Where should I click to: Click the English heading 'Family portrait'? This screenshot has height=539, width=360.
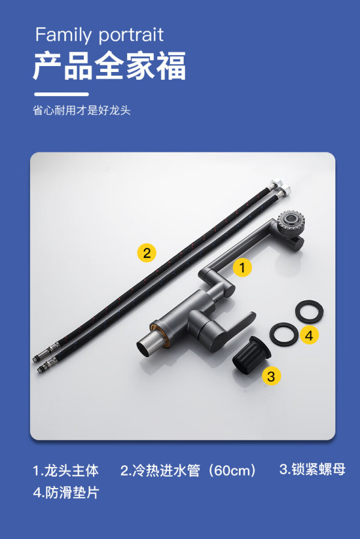[99, 35]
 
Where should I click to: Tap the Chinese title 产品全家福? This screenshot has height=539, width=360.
[110, 65]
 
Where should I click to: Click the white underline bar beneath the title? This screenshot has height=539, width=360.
[61, 94]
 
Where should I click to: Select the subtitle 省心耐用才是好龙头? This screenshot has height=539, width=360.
[82, 110]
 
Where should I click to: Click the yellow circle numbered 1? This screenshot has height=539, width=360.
[242, 267]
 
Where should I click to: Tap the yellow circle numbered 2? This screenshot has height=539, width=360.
[146, 253]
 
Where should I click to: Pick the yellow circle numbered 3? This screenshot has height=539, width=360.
[271, 376]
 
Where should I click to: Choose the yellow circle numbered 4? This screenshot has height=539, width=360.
[309, 335]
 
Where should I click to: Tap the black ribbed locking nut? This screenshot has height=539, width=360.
[251, 355]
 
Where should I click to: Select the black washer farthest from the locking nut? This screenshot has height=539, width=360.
[309, 311]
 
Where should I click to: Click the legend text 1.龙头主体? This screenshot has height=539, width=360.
[65, 470]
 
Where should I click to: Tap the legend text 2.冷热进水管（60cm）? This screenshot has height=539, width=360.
[188, 470]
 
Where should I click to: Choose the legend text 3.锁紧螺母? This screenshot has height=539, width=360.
[312, 469]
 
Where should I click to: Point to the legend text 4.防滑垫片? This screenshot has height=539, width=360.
[66, 492]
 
